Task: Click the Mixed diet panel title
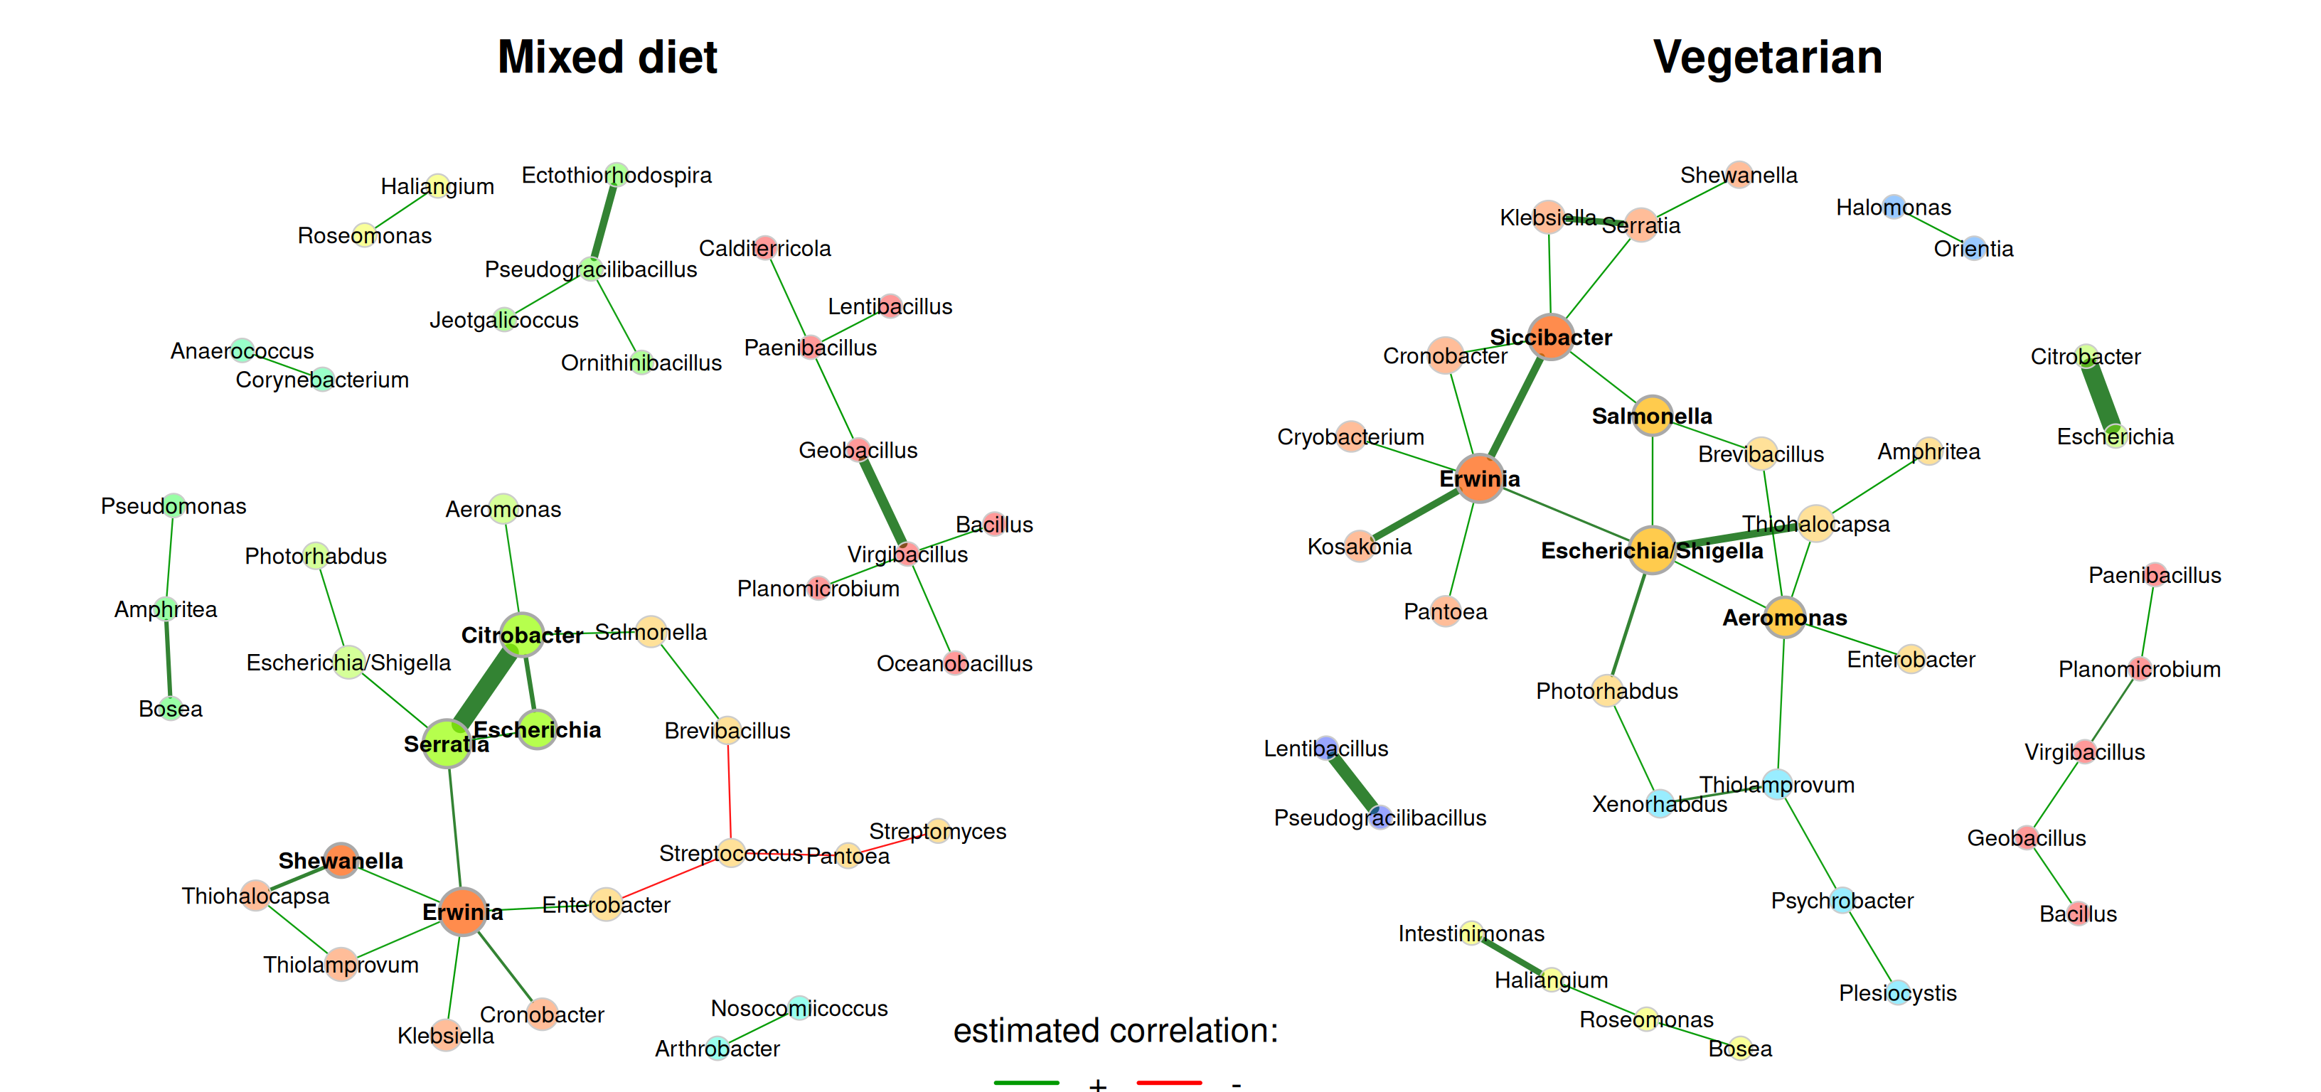click(x=607, y=58)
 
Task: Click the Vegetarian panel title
click(x=1767, y=58)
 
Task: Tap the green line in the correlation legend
click(x=1026, y=1082)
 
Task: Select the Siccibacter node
click(x=1551, y=337)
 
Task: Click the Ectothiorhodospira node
click(x=617, y=174)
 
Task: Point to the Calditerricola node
click(x=765, y=247)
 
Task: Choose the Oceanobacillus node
click(x=955, y=663)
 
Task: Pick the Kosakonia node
click(x=1360, y=546)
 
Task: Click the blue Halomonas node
click(x=1894, y=206)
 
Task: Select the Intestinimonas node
click(x=1471, y=933)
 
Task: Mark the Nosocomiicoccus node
click(x=799, y=1007)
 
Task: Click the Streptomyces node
click(x=938, y=830)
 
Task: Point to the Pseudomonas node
click(x=173, y=505)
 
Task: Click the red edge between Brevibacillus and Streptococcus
click(x=730, y=784)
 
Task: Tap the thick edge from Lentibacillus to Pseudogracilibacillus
click(x=1353, y=782)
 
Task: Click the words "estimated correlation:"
click(x=1116, y=1030)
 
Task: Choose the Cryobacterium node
click(x=1350, y=436)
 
